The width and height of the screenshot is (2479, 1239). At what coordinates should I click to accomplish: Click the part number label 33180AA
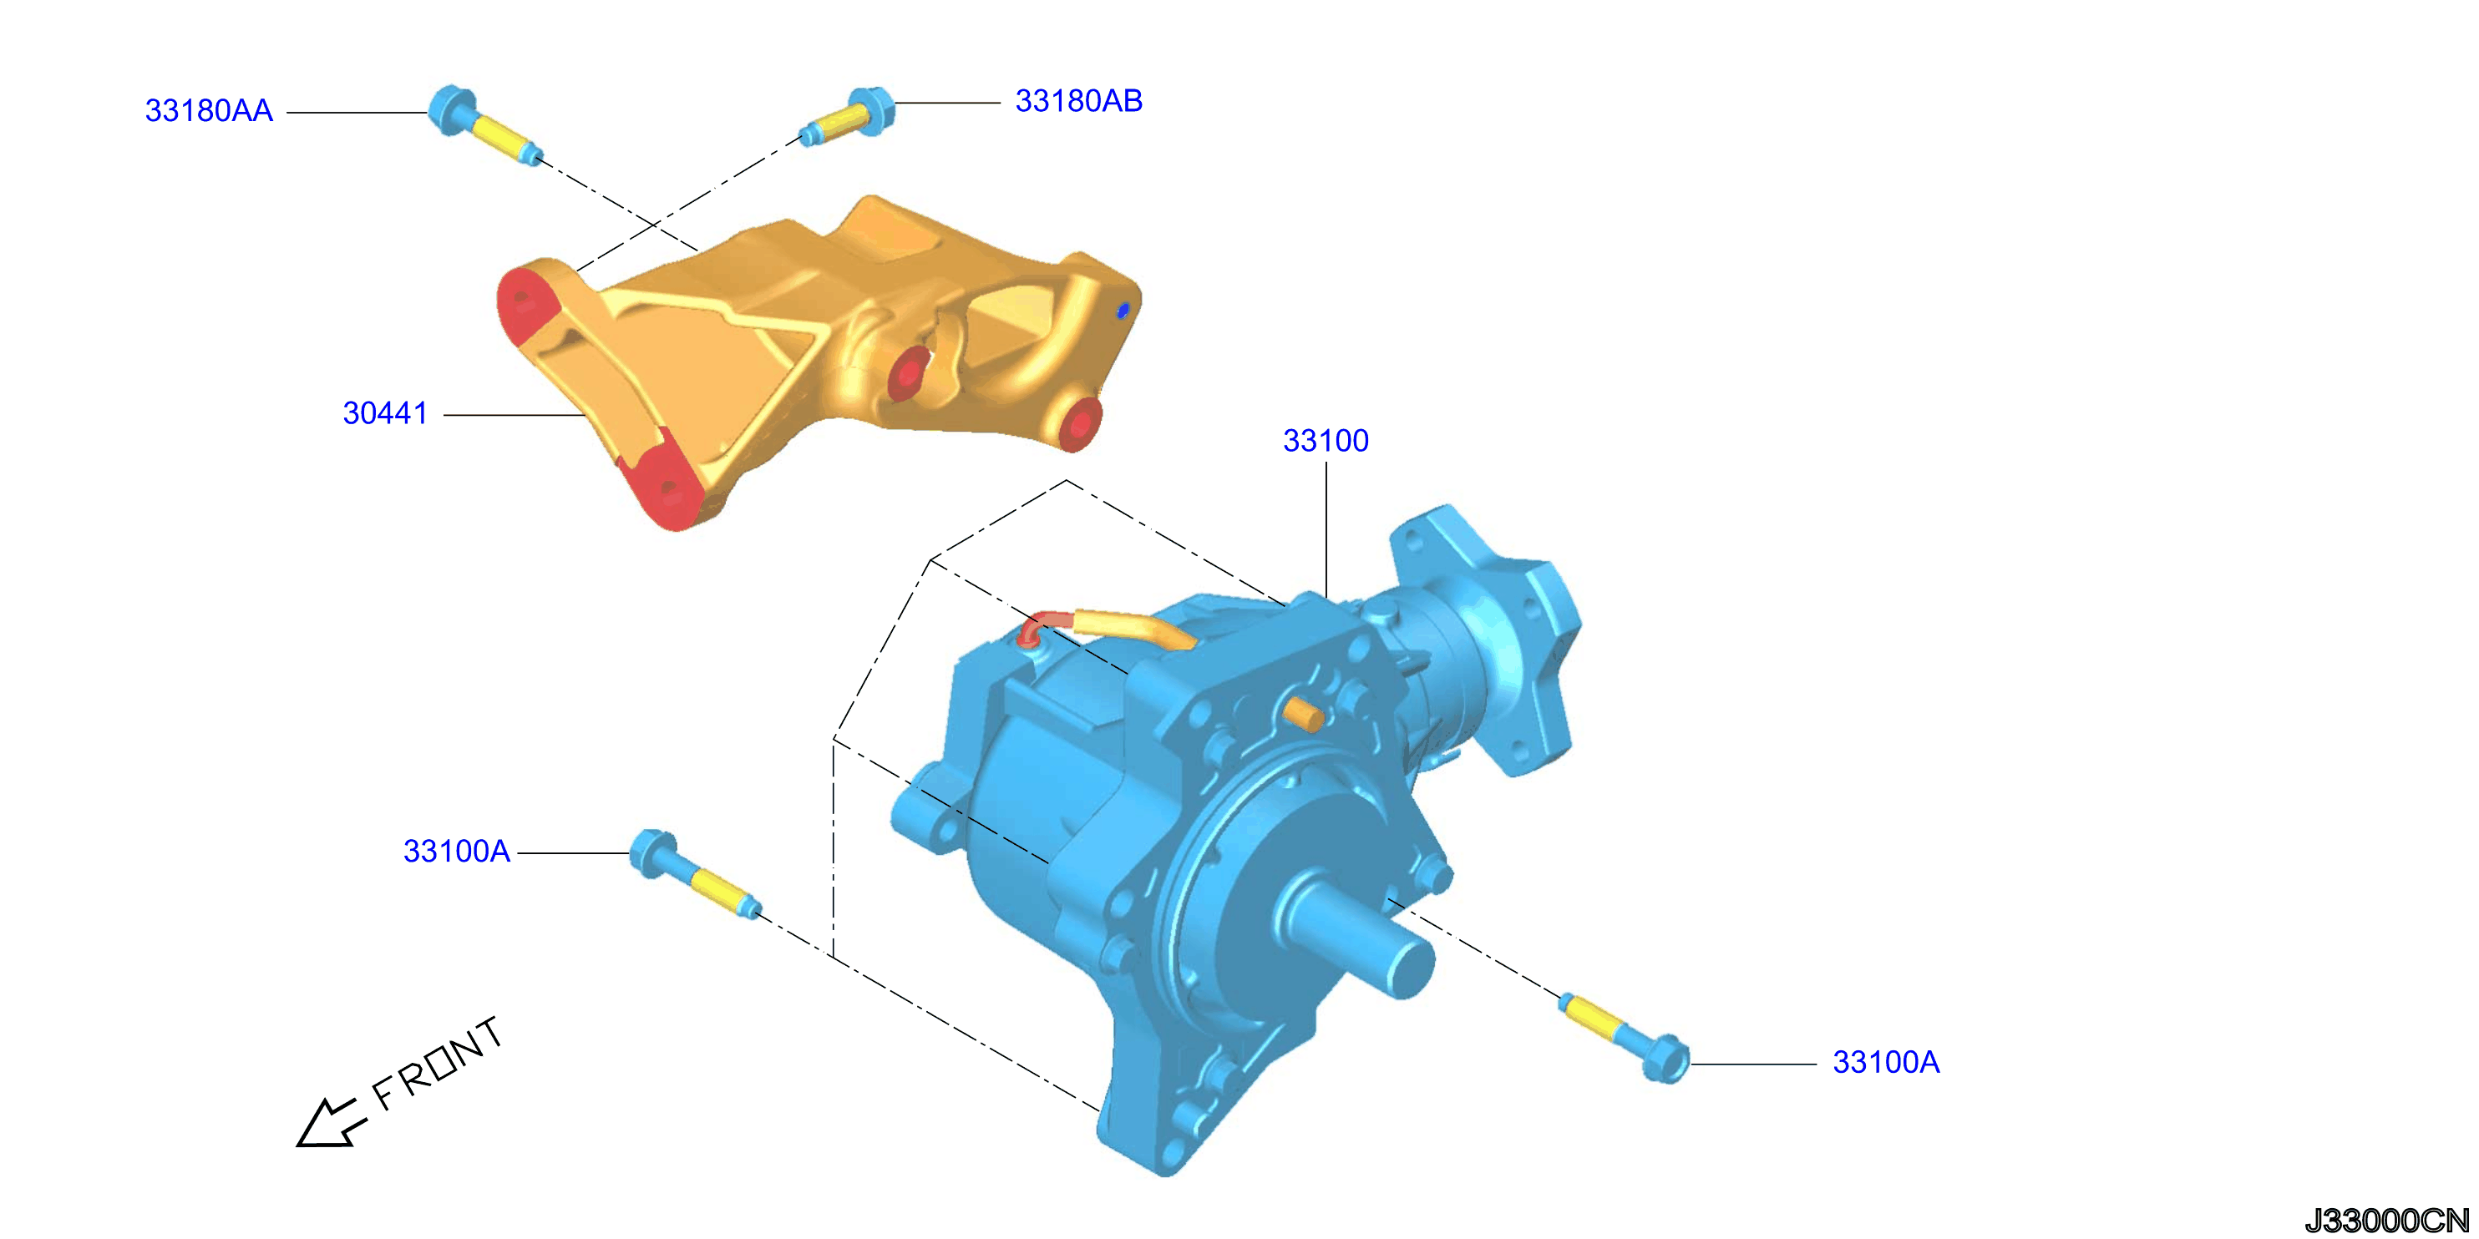209,110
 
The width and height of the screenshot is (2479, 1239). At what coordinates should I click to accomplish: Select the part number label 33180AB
1079,101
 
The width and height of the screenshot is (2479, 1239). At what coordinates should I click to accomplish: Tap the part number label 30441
385,413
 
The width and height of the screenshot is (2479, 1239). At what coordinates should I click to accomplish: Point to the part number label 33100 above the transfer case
1326,441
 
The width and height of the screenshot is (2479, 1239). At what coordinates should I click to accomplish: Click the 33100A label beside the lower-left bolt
456,852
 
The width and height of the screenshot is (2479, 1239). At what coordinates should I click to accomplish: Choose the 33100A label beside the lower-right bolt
1885,1062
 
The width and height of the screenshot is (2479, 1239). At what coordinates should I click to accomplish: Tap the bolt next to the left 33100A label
694,873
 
